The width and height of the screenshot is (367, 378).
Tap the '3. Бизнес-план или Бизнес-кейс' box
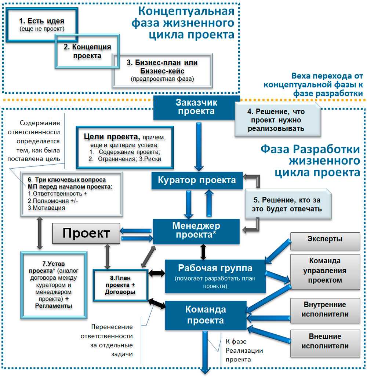(x=162, y=70)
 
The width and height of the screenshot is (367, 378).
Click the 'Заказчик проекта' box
(x=196, y=107)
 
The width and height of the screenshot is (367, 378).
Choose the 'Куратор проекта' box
(x=197, y=180)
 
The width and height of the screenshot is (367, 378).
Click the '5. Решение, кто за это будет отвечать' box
(x=288, y=205)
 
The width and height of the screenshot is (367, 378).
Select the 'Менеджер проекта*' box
(x=196, y=230)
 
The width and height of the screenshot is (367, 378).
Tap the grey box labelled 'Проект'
(x=86, y=233)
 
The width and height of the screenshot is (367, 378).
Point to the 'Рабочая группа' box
(x=215, y=275)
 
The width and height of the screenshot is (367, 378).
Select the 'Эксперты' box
(x=325, y=239)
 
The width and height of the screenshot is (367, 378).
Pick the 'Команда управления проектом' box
(x=325, y=271)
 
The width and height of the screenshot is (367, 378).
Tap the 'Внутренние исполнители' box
(x=325, y=309)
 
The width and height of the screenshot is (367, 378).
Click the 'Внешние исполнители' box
(x=325, y=341)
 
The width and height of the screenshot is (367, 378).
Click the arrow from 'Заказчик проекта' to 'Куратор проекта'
(x=199, y=146)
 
